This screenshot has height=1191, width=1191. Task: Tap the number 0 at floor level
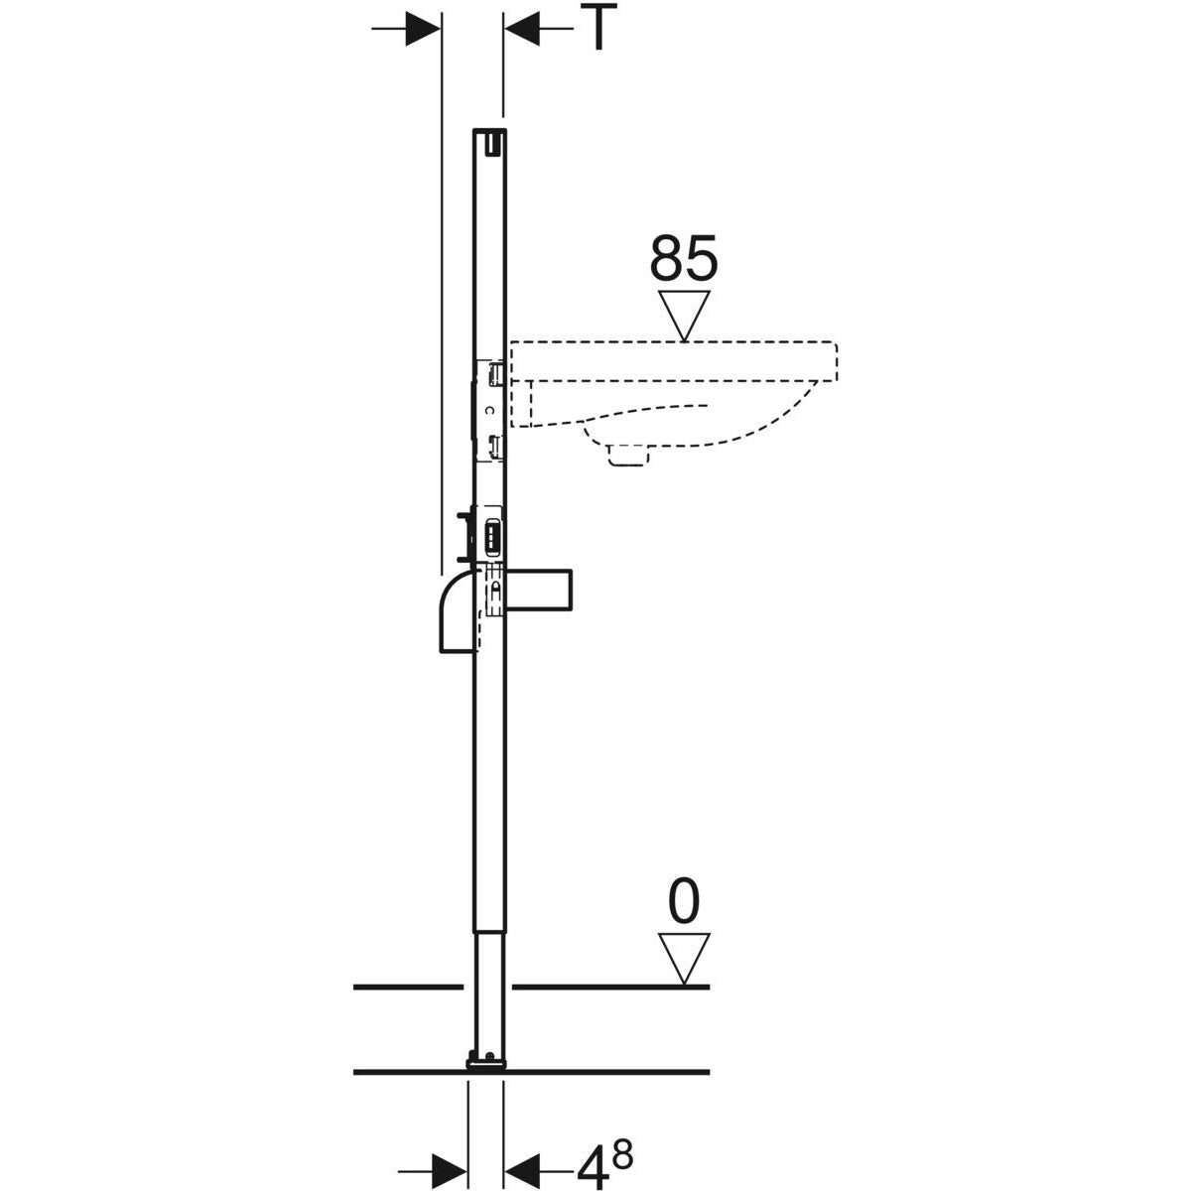click(x=684, y=903)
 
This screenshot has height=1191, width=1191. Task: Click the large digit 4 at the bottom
click(x=593, y=1158)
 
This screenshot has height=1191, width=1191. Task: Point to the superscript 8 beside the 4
click(x=622, y=1143)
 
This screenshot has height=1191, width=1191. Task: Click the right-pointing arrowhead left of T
click(x=422, y=29)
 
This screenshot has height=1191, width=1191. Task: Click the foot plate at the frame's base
click(x=486, y=1064)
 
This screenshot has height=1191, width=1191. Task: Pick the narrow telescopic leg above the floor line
click(x=488, y=992)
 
